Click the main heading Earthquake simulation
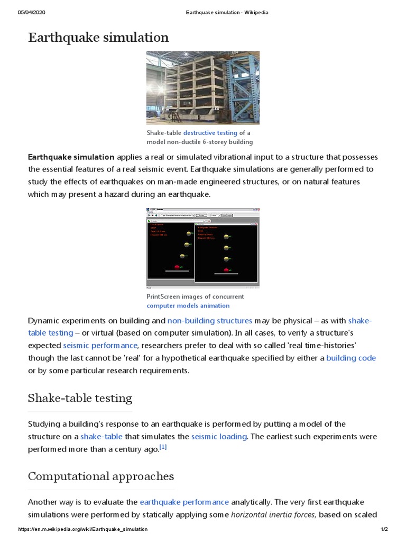pos(98,38)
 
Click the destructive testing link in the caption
pos(210,133)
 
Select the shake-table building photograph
pos(202,88)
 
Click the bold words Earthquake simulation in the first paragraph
pos(71,157)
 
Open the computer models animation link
pos(188,305)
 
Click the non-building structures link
pos(209,321)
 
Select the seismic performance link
pos(100,345)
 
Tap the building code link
pos(351,358)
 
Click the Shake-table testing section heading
pos(80,398)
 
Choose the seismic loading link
pos(219,437)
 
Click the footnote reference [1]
pos(163,447)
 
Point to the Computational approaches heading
pos(100,476)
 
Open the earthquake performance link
pos(184,502)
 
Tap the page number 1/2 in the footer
pos(384,529)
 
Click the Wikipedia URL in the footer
pos(83,529)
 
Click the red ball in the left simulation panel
pos(177,267)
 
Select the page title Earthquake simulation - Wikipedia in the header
pos(226,13)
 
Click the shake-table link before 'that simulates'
pos(101,437)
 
